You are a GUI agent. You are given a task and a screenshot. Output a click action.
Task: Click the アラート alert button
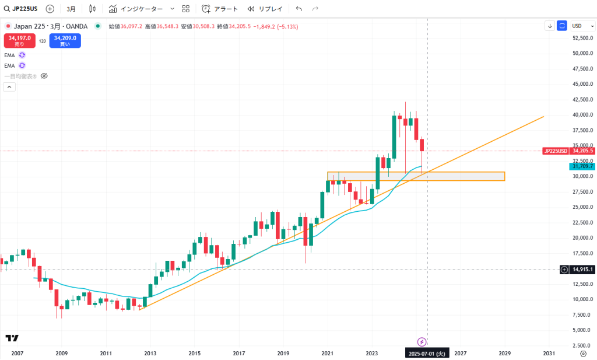(220, 9)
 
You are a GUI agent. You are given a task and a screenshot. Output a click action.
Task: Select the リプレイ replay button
(265, 9)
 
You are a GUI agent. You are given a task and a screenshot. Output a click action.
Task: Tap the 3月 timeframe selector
(71, 9)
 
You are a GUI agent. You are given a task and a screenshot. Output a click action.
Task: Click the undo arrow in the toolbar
(299, 9)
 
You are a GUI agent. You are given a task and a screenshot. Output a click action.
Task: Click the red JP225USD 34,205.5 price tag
(568, 151)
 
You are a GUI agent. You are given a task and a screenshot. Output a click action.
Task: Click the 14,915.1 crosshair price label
(582, 270)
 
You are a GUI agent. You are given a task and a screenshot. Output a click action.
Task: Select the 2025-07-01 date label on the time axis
(427, 354)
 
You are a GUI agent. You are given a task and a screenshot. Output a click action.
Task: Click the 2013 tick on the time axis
(150, 354)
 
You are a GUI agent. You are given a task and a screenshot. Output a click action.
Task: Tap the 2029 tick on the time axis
(504, 354)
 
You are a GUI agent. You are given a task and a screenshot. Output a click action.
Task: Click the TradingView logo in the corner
(12, 338)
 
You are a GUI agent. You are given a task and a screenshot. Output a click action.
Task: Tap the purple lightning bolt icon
(422, 341)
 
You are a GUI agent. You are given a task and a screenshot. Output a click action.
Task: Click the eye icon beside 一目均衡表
(44, 76)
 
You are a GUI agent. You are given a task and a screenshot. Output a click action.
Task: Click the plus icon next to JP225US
(50, 9)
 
